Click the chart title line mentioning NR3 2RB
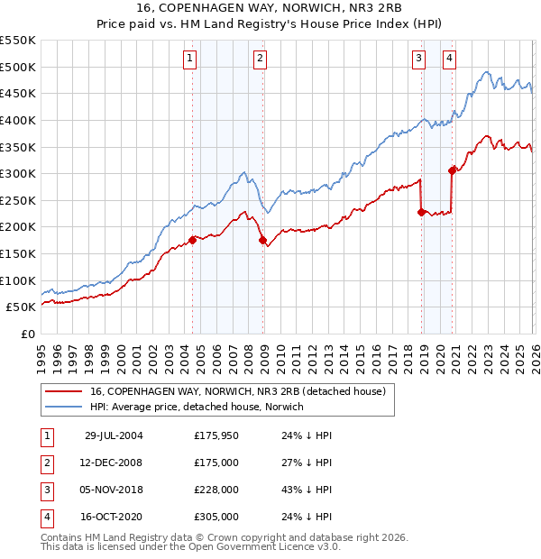[x=270, y=8]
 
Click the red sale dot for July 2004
[x=193, y=240]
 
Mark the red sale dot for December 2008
[x=262, y=241]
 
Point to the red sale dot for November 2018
[x=421, y=212]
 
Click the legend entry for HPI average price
[x=197, y=407]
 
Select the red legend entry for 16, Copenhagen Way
[x=238, y=391]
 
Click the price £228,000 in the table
[x=216, y=490]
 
